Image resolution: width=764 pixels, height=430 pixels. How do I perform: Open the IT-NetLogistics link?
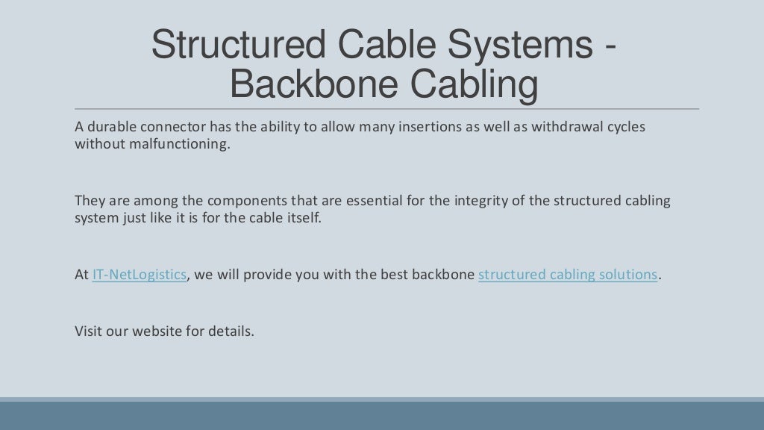[139, 275]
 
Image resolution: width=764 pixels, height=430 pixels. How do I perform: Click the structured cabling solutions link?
[568, 275]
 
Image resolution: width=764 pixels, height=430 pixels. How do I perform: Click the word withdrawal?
[566, 127]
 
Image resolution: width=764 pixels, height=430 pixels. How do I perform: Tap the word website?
[157, 331]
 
